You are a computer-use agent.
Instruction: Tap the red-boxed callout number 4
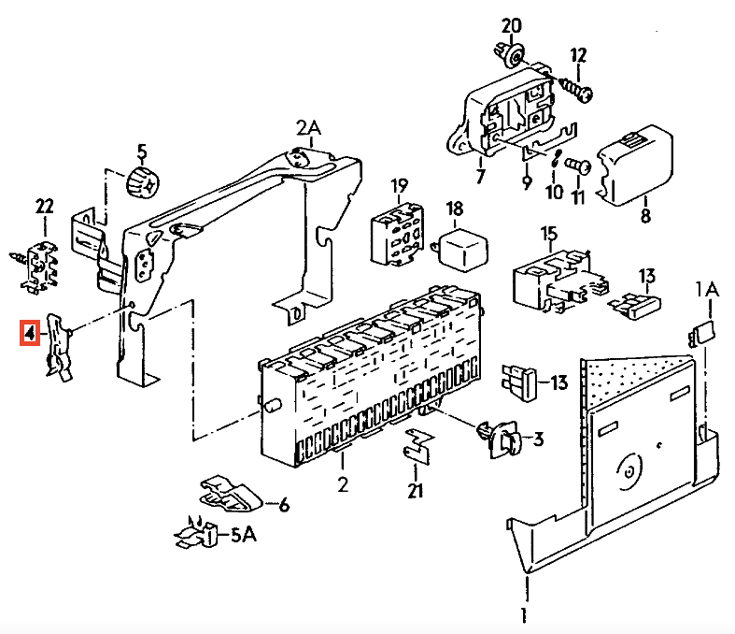(x=30, y=332)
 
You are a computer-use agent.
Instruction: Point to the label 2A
(x=308, y=127)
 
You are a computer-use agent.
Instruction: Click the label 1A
(x=707, y=291)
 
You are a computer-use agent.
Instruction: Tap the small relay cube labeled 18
(x=461, y=248)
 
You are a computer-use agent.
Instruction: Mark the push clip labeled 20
(x=509, y=53)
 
